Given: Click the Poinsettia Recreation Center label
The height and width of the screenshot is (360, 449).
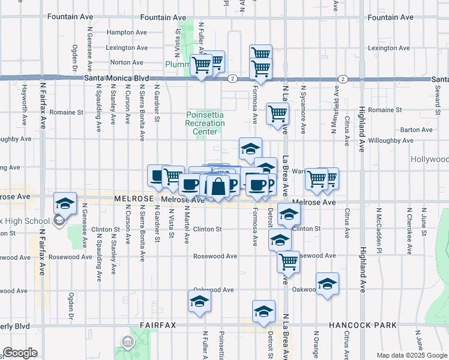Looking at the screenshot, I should pyautogui.click(x=205, y=123).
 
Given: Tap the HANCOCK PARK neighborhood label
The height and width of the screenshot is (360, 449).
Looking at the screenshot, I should pyautogui.click(x=363, y=325).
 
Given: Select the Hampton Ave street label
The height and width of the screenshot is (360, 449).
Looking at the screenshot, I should pyautogui.click(x=127, y=32).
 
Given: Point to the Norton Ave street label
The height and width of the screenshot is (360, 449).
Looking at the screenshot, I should pyautogui.click(x=127, y=62).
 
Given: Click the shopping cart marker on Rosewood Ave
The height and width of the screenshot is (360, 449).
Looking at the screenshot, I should pyautogui.click(x=289, y=262).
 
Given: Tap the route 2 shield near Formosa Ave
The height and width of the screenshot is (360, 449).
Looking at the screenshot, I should pyautogui.click(x=232, y=79).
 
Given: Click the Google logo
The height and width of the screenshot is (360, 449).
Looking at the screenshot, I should pyautogui.click(x=20, y=353).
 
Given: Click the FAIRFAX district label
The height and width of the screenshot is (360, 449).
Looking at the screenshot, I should pyautogui.click(x=158, y=325).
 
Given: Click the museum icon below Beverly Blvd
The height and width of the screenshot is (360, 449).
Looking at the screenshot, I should pyautogui.click(x=128, y=342).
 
